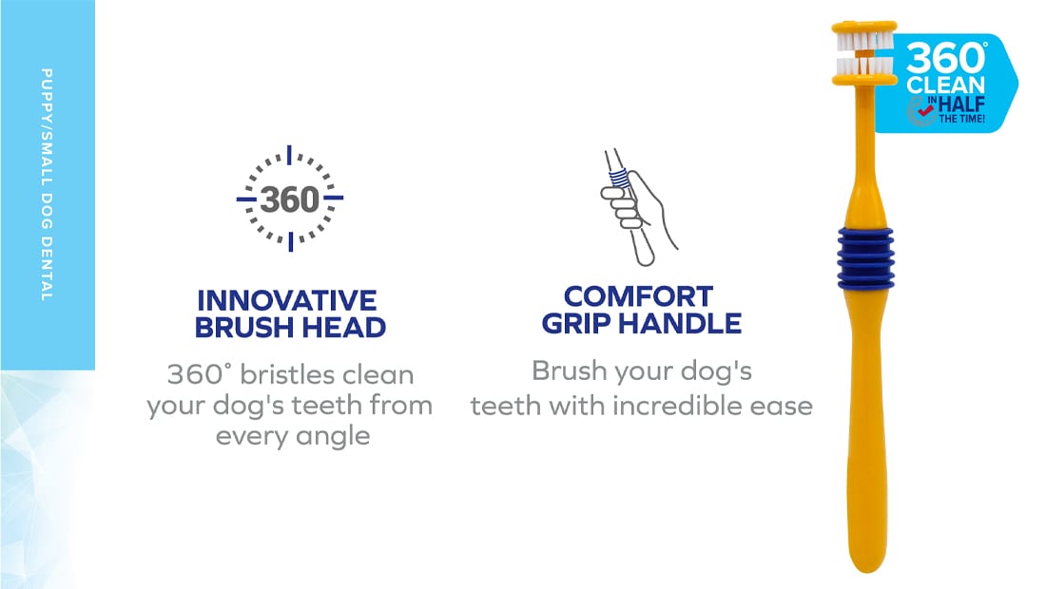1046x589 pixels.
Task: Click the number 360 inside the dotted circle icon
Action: coord(289,199)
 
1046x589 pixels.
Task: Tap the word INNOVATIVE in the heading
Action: coord(287,300)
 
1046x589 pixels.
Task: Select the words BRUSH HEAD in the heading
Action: coord(290,327)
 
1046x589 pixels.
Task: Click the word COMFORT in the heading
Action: coord(638,296)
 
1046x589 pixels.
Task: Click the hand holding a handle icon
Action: coord(637,207)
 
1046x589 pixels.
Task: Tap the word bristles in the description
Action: coord(279,374)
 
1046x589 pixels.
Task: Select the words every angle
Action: coord(293,436)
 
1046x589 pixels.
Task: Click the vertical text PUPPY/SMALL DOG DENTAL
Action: coord(46,184)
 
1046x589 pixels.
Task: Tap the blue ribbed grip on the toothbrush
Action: coord(865,257)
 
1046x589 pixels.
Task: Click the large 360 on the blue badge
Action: coord(945,58)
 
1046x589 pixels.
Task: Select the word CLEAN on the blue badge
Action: coord(945,85)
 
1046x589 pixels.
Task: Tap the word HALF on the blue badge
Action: coord(961,104)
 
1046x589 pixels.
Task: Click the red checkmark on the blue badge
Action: coord(925,108)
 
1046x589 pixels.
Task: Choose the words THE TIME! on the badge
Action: coord(962,119)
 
